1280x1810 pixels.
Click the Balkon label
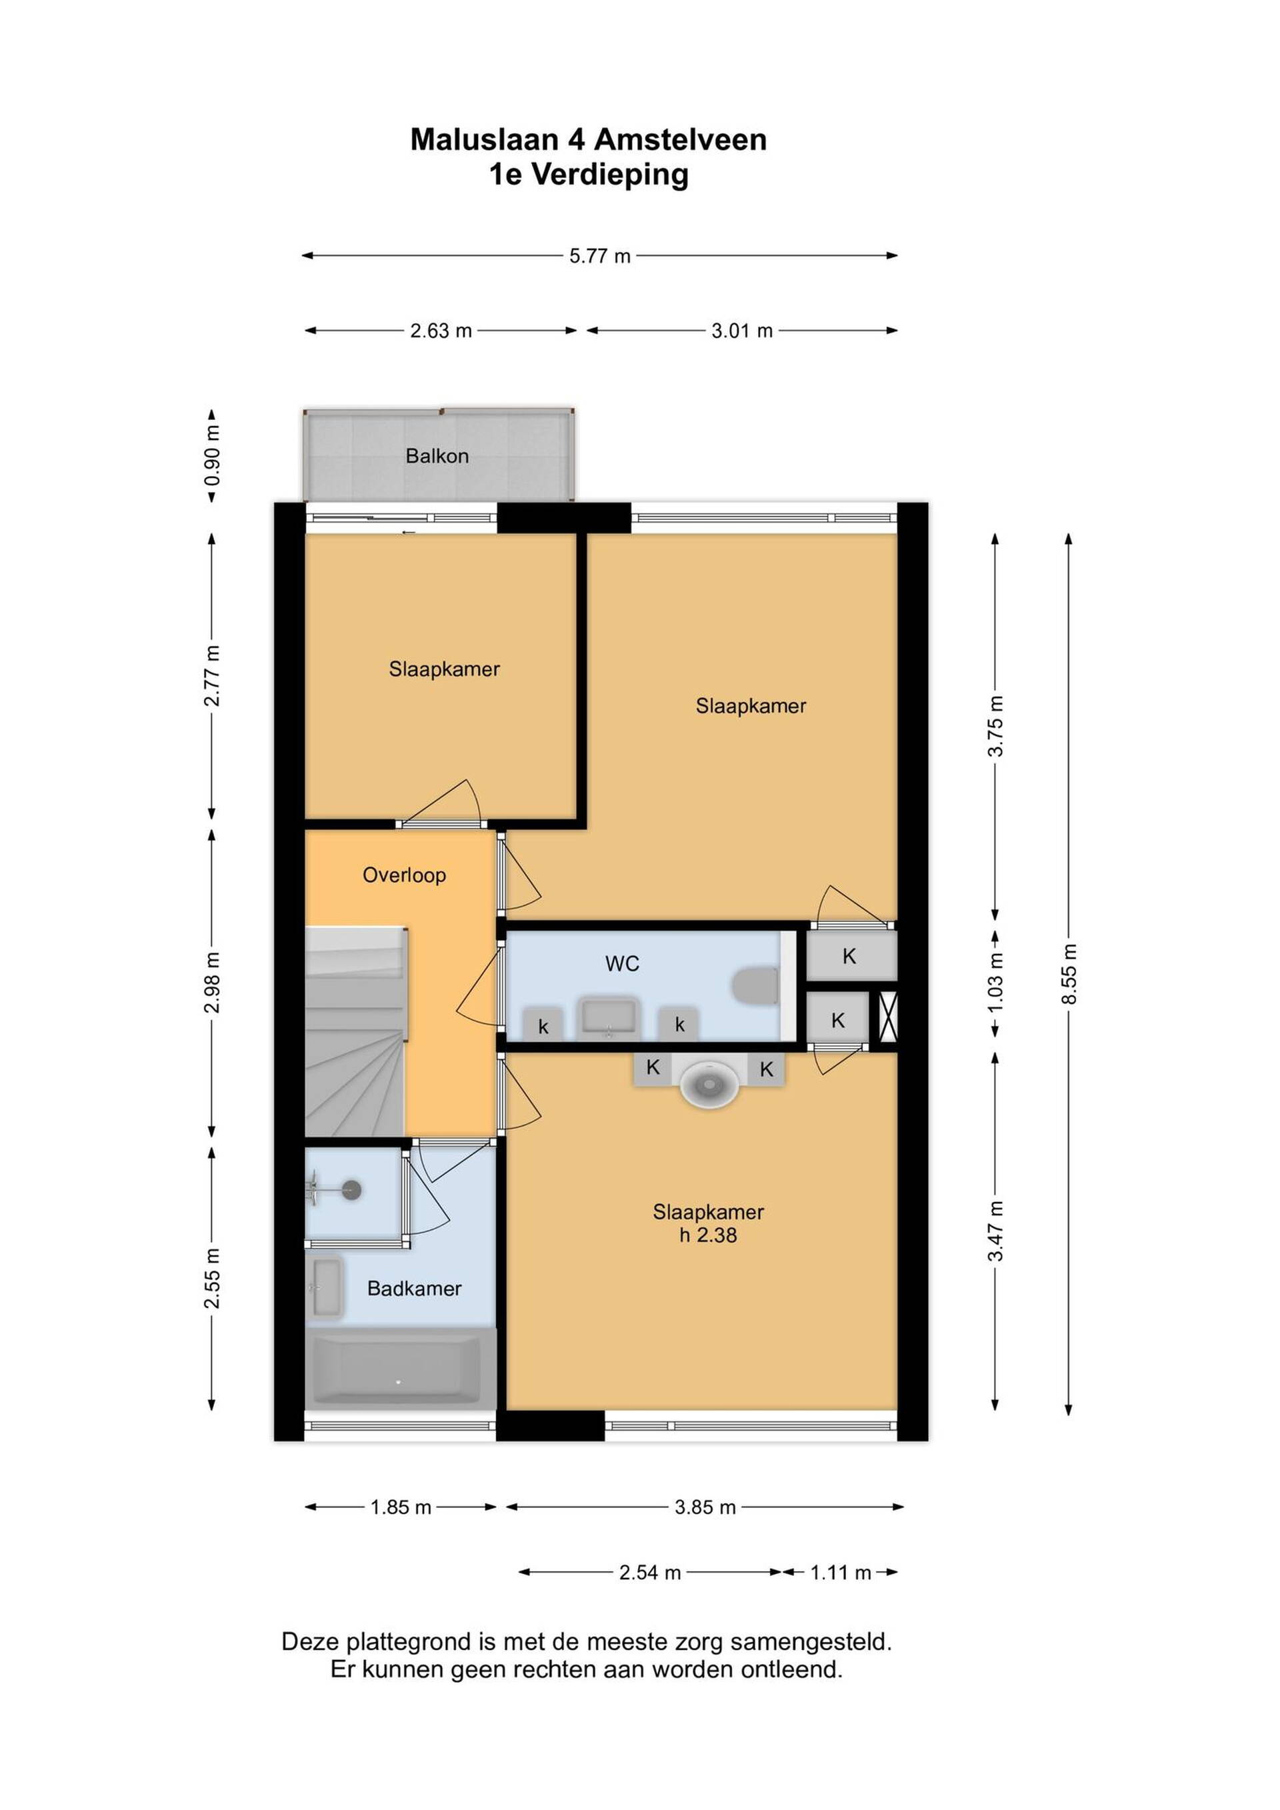click(437, 455)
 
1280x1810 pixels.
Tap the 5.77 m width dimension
click(600, 256)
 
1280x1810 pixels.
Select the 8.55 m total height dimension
click(1069, 975)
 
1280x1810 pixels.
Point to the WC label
click(622, 963)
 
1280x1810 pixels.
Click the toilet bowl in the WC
click(754, 987)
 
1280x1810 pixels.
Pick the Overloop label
click(405, 875)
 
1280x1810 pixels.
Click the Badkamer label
click(415, 1288)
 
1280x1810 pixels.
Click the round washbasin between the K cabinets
click(710, 1085)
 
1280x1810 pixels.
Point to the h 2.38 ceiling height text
click(708, 1235)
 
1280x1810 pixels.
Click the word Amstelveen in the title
click(679, 139)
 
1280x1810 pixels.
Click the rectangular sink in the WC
click(609, 1019)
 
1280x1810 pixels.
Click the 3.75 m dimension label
click(995, 726)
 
